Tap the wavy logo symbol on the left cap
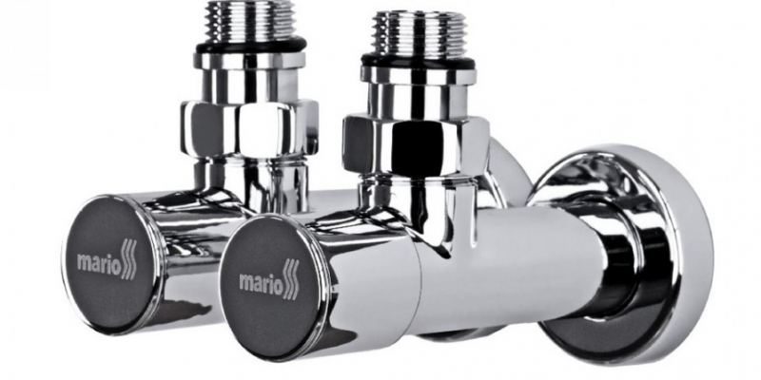click(x=128, y=257)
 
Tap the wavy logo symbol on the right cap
click(x=289, y=279)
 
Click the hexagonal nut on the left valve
click(x=249, y=127)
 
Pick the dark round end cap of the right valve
click(x=272, y=281)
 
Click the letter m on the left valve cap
click(x=85, y=261)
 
